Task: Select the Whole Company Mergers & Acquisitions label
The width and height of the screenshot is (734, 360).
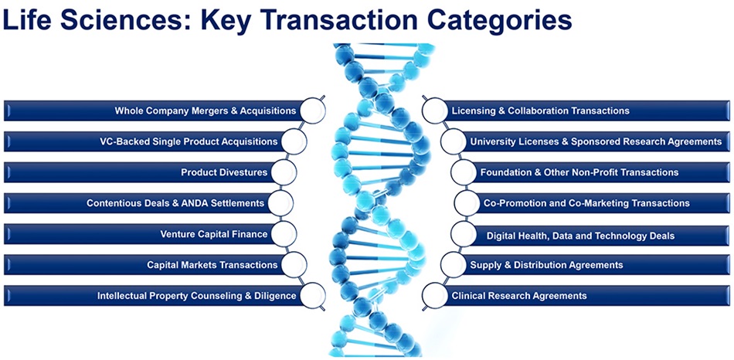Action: (206, 110)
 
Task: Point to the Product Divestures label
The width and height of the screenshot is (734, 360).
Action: (224, 172)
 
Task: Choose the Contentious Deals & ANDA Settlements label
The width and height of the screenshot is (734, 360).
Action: (175, 203)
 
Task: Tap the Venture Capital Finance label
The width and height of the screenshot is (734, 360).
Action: (214, 234)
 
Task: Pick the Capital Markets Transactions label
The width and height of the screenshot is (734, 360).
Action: (212, 265)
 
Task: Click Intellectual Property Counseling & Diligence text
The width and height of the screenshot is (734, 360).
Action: (196, 296)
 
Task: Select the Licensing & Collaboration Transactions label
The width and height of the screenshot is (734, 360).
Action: (540, 110)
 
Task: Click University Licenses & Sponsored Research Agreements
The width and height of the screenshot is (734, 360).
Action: (596, 141)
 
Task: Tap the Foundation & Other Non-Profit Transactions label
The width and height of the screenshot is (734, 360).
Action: (579, 172)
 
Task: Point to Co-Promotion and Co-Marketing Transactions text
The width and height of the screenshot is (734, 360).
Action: (586, 203)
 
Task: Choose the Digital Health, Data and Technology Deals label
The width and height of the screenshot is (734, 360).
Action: (580, 235)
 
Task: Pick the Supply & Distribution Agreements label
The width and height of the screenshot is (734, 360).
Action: (546, 265)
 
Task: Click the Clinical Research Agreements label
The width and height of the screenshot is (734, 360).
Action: (519, 296)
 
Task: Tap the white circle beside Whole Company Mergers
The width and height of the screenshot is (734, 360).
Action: (312, 110)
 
